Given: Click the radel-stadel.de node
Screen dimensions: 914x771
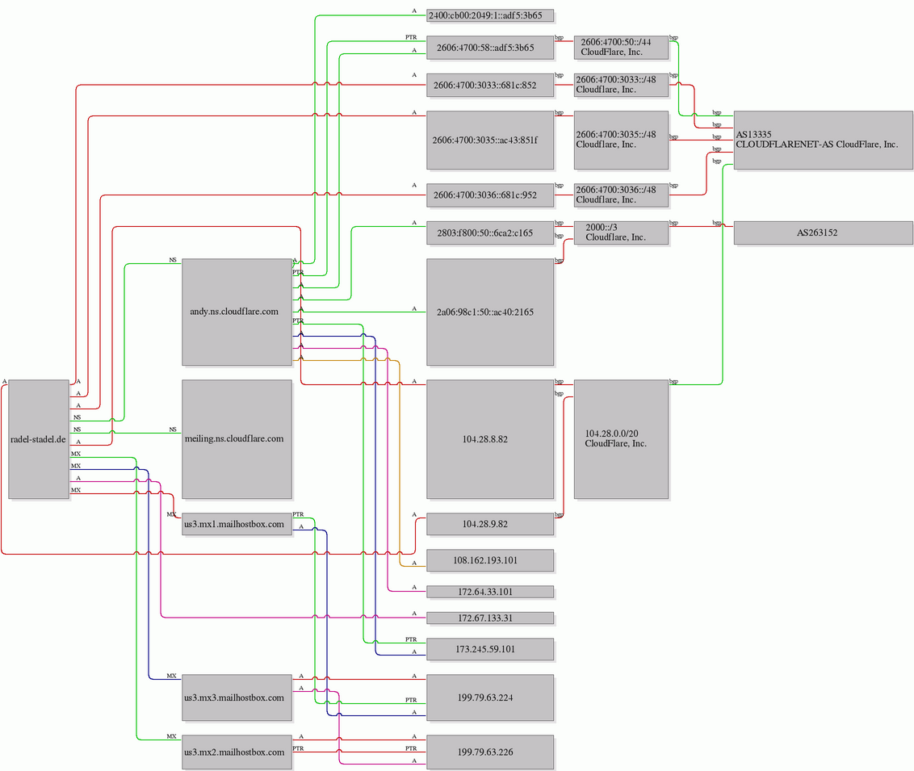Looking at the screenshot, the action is [39, 439].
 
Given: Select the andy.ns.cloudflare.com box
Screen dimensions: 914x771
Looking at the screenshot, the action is [237, 312].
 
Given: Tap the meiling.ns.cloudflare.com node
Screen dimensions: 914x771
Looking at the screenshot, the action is [237, 439].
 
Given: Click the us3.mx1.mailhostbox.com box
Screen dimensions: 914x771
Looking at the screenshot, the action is [237, 524].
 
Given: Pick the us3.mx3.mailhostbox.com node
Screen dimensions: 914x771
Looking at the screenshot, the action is [237, 698].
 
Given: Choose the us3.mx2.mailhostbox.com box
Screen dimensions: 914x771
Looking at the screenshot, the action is [237, 752].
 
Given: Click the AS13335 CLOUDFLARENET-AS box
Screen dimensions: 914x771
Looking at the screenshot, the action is [823, 140].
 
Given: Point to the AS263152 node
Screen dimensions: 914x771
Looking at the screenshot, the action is [823, 233].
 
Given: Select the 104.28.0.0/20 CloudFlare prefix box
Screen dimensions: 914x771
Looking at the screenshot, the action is [621, 439].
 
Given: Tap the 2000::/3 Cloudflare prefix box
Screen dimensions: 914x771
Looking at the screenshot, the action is [621, 233].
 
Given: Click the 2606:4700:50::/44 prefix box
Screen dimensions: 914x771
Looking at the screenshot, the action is [621, 47].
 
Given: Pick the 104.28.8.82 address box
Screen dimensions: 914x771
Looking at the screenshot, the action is [489, 439].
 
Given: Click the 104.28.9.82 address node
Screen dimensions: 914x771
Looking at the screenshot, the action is [489, 524].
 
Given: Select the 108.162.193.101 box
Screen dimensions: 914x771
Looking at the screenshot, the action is [489, 560].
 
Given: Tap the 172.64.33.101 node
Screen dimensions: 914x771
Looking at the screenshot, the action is [489, 592].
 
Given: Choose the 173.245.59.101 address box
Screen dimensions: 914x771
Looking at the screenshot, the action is [489, 649].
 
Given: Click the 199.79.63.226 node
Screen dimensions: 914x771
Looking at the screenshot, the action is [489, 752].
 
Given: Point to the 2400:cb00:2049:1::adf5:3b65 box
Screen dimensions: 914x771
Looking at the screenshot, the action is [489, 15].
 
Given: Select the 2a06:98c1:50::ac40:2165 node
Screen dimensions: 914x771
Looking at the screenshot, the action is [489, 312].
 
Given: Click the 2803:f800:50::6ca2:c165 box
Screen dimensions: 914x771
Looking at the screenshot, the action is [489, 233].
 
